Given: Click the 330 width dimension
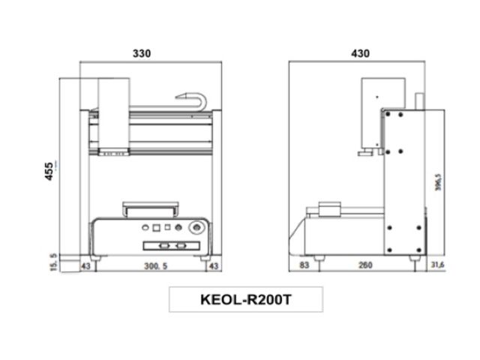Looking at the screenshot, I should (142, 54).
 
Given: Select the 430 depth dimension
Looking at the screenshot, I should (360, 54).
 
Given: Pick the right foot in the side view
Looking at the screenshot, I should (413, 257).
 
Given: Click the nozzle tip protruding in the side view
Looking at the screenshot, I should (363, 155).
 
